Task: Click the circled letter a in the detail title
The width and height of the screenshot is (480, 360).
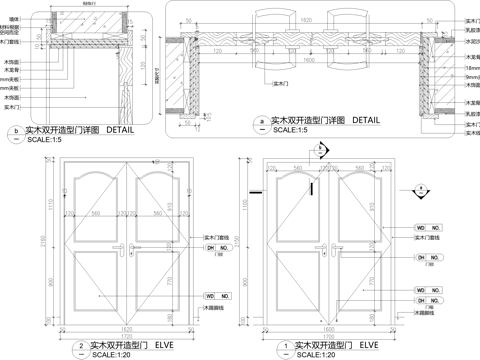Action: pos(263,120)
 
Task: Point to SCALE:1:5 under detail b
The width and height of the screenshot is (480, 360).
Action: pos(45,140)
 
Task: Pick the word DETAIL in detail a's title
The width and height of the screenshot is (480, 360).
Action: pos(364,120)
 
